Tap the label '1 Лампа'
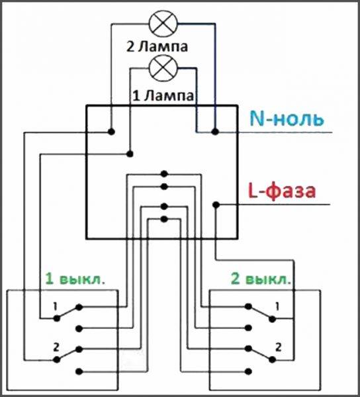pyautogui.click(x=163, y=95)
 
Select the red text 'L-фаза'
pyautogui.click(x=282, y=193)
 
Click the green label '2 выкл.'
pyautogui.click(x=260, y=276)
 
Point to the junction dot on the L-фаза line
pyautogui.click(x=216, y=204)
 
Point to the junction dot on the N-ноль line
pyautogui.click(x=214, y=132)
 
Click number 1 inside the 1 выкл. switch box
pyautogui.click(x=56, y=306)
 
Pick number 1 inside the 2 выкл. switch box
pyautogui.click(x=279, y=306)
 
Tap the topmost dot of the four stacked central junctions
pyautogui.click(x=162, y=175)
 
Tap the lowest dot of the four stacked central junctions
pyautogui.click(x=162, y=218)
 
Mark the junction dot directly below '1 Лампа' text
pyautogui.click(x=130, y=154)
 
